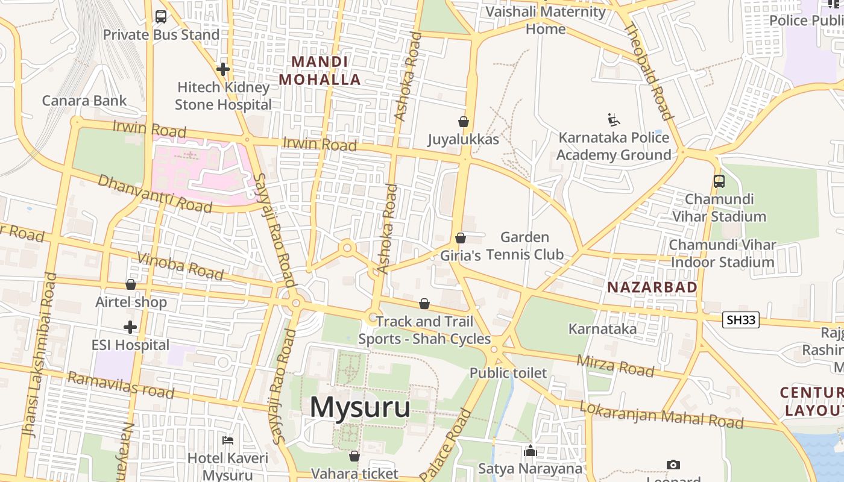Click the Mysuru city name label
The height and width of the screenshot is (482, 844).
point(360,407)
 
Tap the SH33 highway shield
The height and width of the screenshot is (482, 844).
point(741,320)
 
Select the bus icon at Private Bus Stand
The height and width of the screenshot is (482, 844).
point(161,17)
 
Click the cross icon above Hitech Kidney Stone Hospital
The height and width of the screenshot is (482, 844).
point(223,69)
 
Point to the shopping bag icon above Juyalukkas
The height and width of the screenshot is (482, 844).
point(464,122)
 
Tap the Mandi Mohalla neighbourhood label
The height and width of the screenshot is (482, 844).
point(320,70)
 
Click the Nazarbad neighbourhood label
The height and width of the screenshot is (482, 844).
point(652,287)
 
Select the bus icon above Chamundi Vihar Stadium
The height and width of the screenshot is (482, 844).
point(719,181)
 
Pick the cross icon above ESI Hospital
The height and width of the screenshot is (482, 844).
point(130,328)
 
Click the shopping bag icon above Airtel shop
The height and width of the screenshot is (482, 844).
point(131,284)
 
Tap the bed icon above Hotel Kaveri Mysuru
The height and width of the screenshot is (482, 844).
point(228,440)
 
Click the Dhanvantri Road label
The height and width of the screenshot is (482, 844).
point(154,193)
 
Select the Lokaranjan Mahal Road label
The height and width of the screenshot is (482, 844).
point(661,415)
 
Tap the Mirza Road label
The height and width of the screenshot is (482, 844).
point(615,365)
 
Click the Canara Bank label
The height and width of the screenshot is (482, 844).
point(84,101)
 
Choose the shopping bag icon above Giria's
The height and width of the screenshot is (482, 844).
point(461,238)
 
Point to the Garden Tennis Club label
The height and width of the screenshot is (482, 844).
point(524,246)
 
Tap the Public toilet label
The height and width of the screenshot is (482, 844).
point(508,373)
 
